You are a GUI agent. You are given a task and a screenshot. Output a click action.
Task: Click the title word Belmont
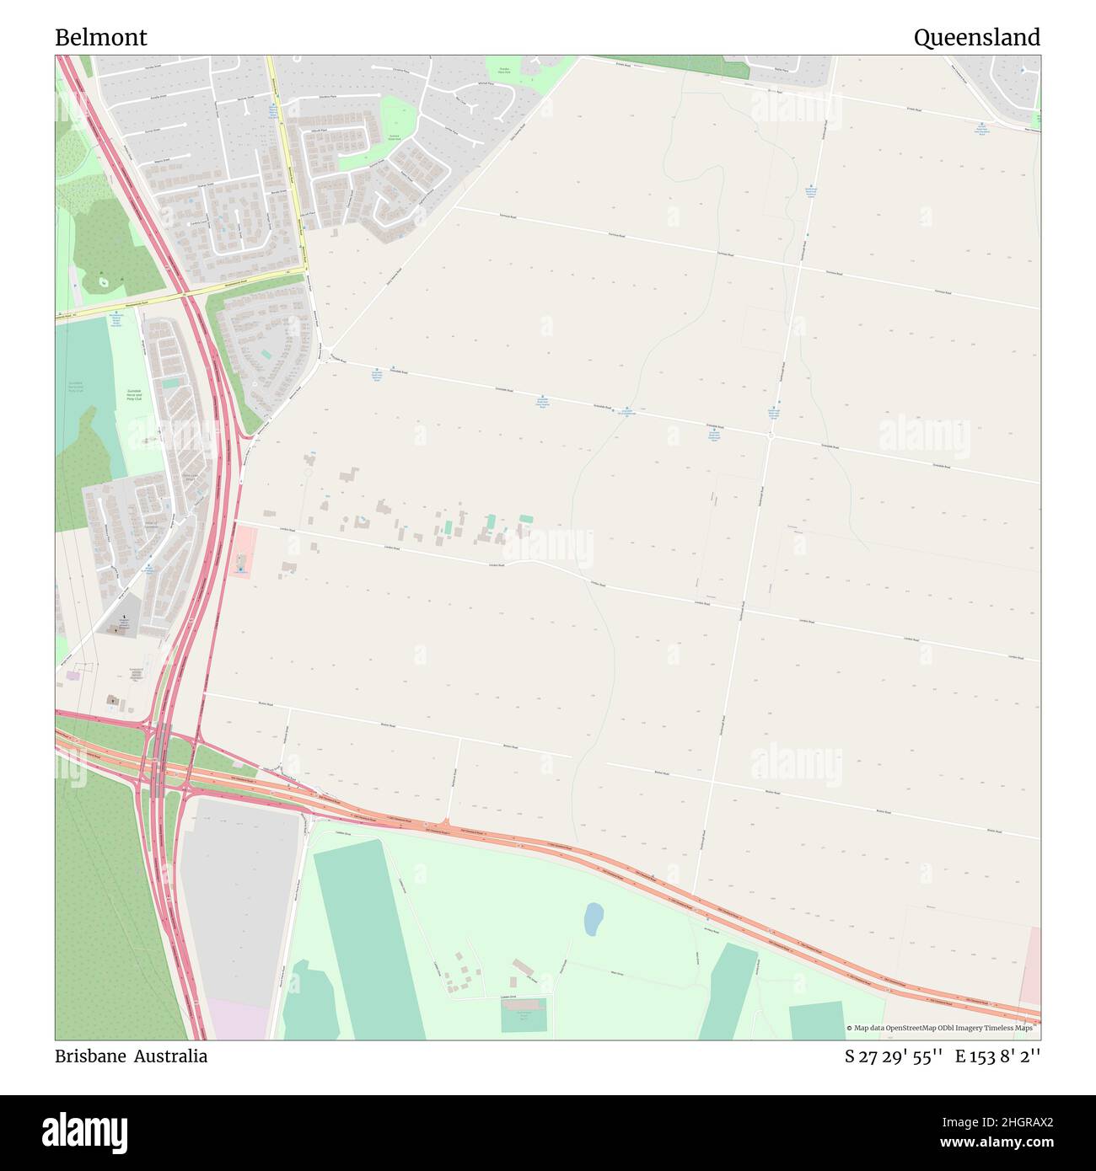(x=101, y=38)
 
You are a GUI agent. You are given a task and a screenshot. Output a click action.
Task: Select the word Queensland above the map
(x=976, y=38)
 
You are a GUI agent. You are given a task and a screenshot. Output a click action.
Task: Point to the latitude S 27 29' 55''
(x=893, y=1056)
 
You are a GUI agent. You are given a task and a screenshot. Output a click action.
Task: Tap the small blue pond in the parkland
(x=594, y=919)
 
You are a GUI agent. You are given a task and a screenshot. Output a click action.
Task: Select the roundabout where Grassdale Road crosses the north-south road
(x=771, y=436)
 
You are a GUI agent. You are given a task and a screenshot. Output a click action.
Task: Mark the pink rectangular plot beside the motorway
(x=242, y=551)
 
